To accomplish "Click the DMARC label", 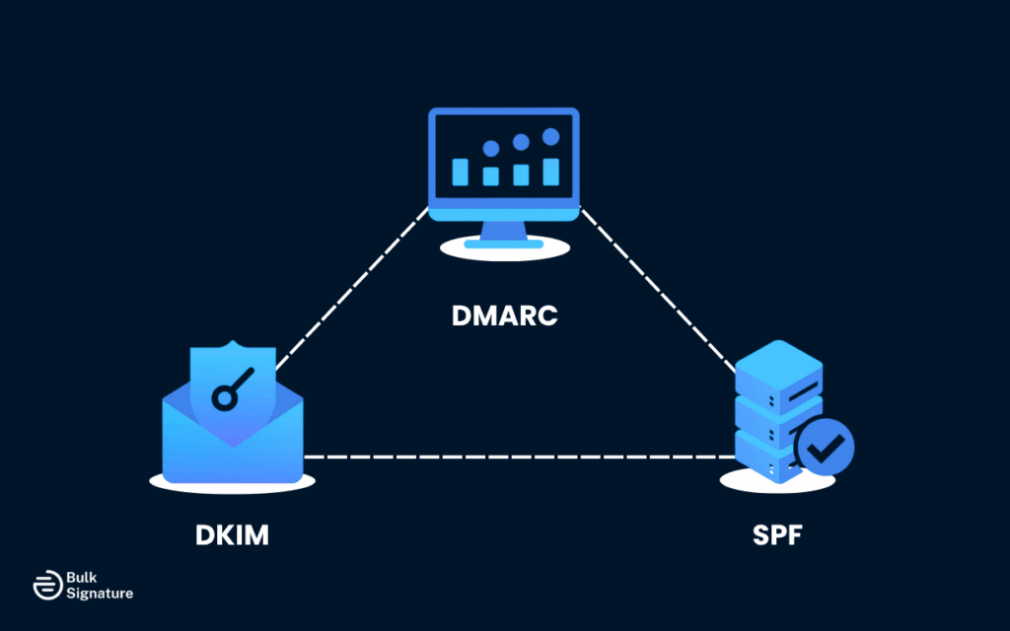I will tap(504, 316).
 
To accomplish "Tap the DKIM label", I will tap(232, 536).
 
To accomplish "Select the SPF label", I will tap(778, 536).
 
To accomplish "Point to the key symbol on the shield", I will tap(233, 388).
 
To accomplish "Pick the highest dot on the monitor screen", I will tap(550, 137).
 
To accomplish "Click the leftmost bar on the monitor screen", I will tap(460, 172).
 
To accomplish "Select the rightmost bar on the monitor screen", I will tap(550, 172).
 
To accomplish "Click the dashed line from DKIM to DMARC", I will tap(350, 291).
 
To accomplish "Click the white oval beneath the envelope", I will tap(232, 483).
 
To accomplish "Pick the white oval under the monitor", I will tap(504, 249).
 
